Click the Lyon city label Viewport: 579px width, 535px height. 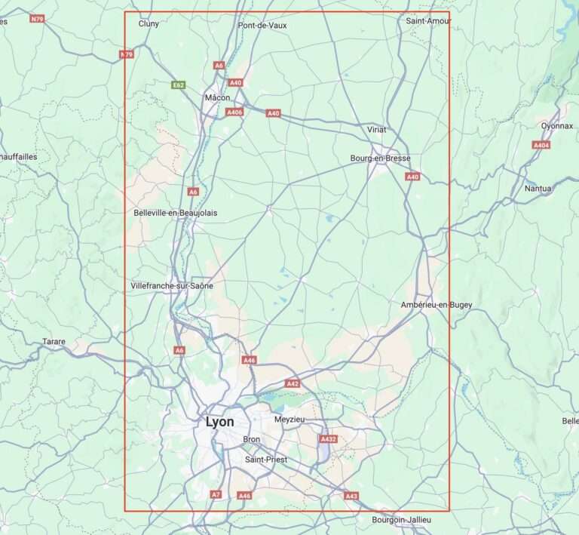[x=219, y=423]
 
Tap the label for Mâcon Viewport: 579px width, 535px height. [x=217, y=98]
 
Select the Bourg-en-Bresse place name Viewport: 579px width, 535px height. [x=380, y=158]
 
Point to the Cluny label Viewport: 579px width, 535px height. [x=149, y=23]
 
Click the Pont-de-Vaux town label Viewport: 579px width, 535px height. [x=262, y=25]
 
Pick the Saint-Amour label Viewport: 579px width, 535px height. [x=428, y=20]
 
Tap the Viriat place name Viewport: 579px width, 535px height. [x=376, y=130]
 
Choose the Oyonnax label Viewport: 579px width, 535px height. [x=557, y=126]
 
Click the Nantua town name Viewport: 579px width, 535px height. [x=538, y=189]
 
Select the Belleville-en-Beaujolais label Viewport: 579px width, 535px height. [x=175, y=213]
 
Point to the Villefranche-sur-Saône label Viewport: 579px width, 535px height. [x=172, y=286]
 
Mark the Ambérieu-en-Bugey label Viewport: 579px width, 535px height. [x=437, y=305]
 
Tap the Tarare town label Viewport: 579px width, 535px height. [x=54, y=342]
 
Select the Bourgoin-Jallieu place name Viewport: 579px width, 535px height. [x=402, y=520]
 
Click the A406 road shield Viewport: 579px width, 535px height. [x=234, y=112]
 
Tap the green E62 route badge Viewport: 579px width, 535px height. [x=179, y=85]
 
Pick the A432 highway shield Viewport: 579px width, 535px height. [x=328, y=439]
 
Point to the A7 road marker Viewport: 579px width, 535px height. [x=216, y=495]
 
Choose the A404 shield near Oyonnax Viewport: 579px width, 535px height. [x=541, y=145]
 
